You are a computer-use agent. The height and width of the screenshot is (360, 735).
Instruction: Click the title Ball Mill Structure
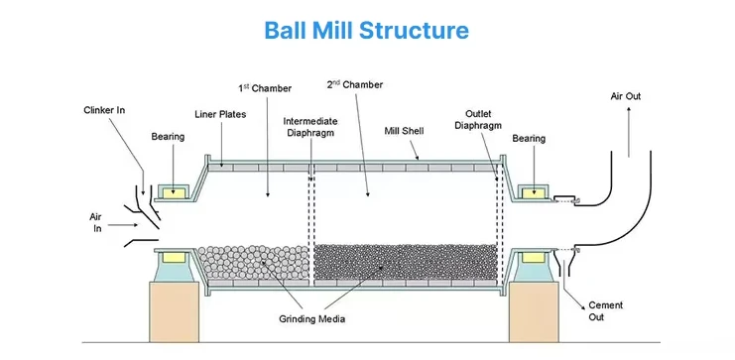tap(367, 30)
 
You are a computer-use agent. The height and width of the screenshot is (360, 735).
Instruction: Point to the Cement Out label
tap(605, 311)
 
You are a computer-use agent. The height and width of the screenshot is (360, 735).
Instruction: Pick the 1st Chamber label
tap(265, 88)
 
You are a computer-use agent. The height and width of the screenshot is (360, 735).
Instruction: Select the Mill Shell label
tap(404, 130)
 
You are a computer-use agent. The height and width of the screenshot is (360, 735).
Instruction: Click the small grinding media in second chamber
tap(405, 261)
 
